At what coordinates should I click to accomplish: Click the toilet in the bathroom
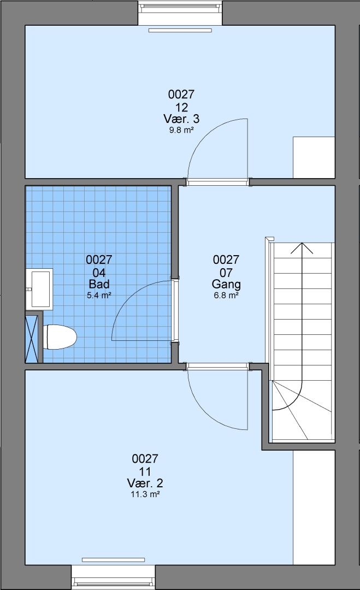tap(60, 337)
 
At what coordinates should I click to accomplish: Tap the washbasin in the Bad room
tap(39, 289)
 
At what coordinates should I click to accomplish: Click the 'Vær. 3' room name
tap(181, 119)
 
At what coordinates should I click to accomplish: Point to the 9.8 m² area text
tap(181, 131)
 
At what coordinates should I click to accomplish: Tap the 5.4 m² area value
tap(99, 296)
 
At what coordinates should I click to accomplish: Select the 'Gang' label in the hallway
tap(226, 284)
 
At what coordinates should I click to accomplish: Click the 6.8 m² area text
tap(226, 296)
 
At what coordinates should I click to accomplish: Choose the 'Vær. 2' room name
tap(145, 483)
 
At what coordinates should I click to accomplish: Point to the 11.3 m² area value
tap(145, 494)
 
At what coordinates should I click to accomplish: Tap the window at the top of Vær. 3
tap(180, 13)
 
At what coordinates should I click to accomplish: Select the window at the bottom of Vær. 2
tap(113, 577)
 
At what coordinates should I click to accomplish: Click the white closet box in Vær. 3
tap(314, 157)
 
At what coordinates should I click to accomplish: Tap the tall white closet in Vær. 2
tap(314, 508)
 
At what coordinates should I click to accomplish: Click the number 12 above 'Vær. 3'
tap(181, 107)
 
